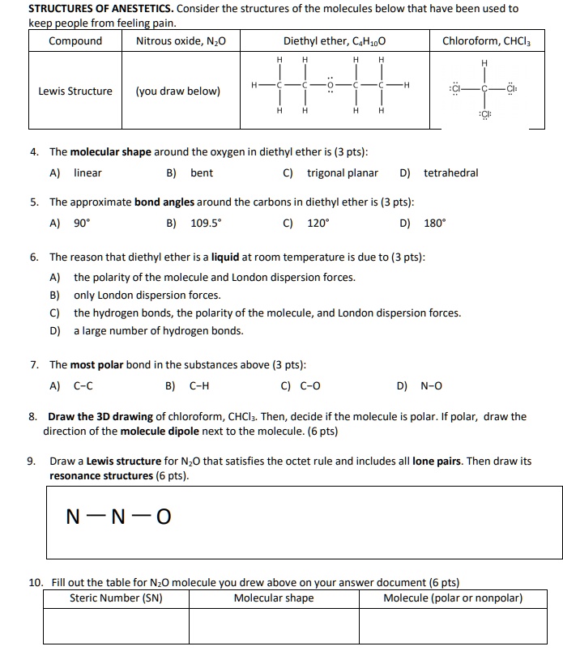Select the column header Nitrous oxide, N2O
pyautogui.click(x=181, y=40)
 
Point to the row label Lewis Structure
pyautogui.click(x=75, y=91)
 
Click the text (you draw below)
pyautogui.click(x=177, y=91)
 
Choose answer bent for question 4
pyautogui.click(x=202, y=172)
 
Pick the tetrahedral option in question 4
pyautogui.click(x=450, y=172)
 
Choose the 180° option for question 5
pyautogui.click(x=435, y=221)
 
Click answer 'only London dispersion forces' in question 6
pyautogui.click(x=147, y=295)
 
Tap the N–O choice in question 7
pyautogui.click(x=431, y=386)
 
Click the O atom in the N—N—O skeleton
pyautogui.click(x=163, y=516)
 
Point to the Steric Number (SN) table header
pyautogui.click(x=116, y=598)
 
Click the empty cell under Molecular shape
pyautogui.click(x=273, y=626)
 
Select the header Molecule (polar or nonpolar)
pyautogui.click(x=453, y=598)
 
